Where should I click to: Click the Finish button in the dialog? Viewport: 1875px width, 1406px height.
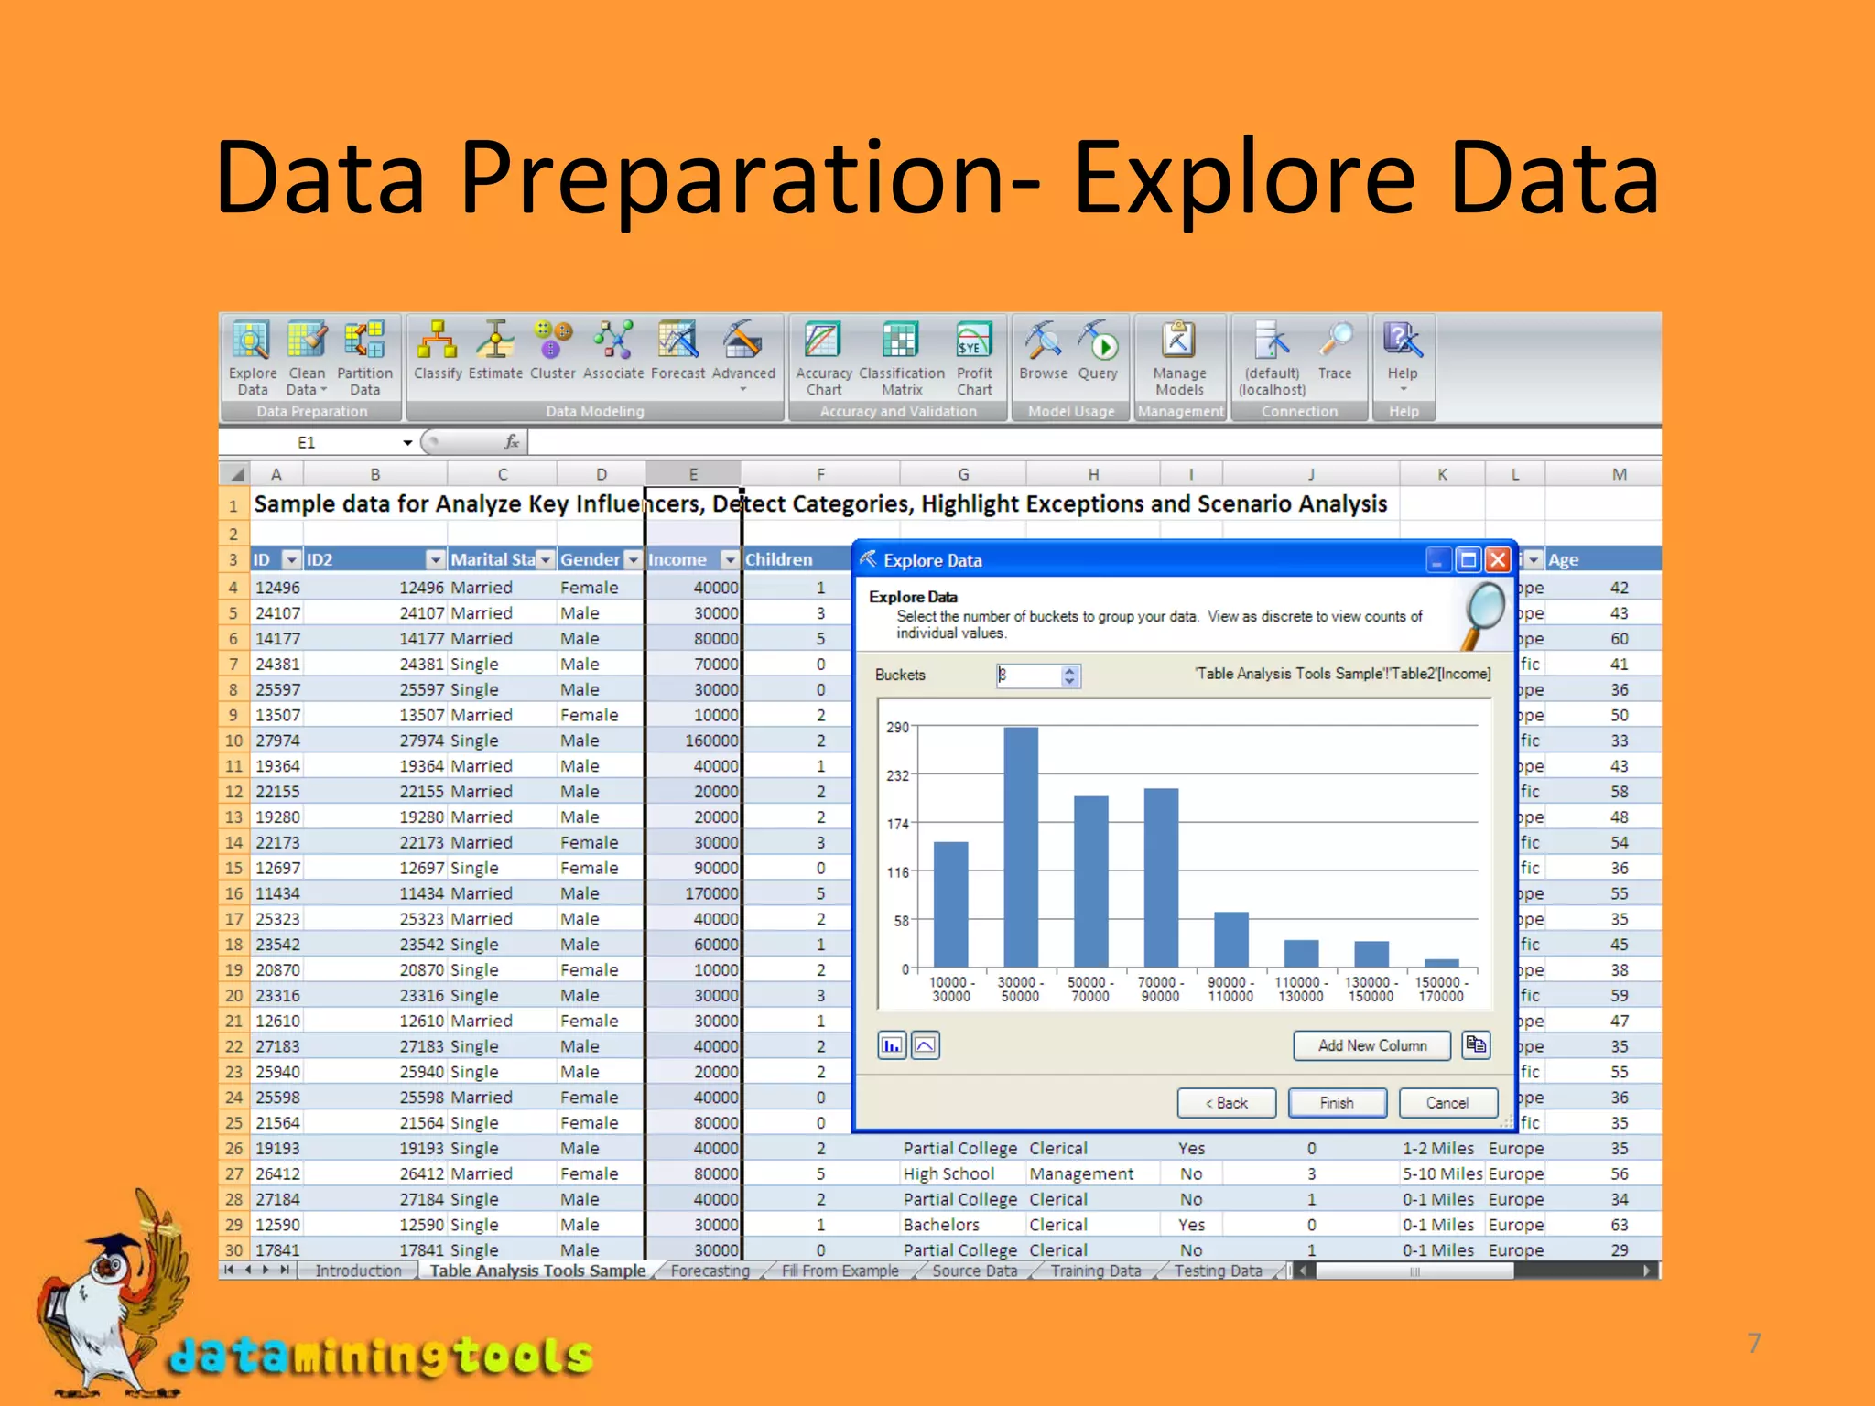point(1337,1103)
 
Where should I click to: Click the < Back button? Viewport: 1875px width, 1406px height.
point(1226,1103)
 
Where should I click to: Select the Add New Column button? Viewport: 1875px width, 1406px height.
point(1371,1045)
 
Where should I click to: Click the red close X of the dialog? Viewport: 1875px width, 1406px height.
point(1498,559)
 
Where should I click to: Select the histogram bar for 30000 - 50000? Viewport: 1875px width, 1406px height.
point(1021,846)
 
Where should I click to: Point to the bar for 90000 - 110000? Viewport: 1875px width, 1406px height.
point(1230,939)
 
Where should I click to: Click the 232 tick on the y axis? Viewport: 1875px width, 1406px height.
point(897,775)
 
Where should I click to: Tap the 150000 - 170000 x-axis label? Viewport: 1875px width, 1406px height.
point(1441,990)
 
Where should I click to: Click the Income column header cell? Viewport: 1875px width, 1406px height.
point(682,559)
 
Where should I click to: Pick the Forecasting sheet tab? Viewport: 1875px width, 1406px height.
point(710,1271)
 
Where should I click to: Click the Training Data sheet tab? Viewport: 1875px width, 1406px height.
point(1095,1271)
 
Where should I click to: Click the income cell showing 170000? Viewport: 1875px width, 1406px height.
point(711,893)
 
